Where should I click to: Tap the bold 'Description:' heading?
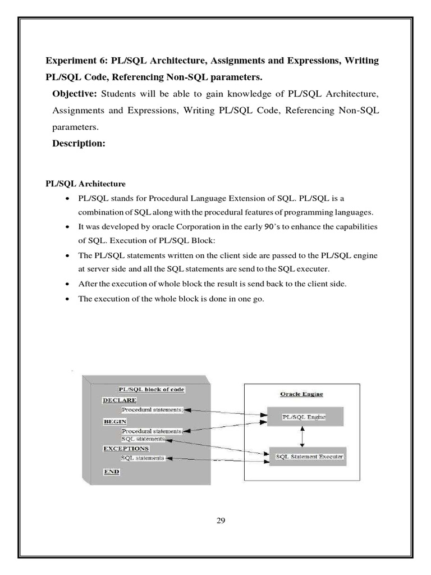79,144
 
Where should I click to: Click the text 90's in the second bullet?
262,226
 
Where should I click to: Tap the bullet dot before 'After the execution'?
68,284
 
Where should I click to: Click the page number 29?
221,521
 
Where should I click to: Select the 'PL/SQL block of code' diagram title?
151,389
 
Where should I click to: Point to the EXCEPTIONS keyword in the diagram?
126,449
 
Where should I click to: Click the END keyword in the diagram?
111,472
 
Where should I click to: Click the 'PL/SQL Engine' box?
304,417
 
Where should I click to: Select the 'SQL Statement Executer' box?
309,457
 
